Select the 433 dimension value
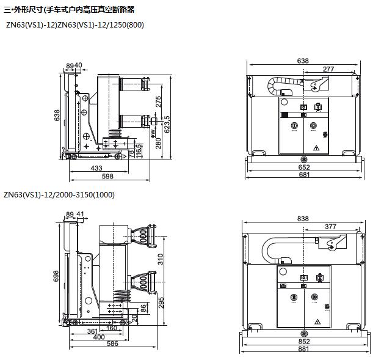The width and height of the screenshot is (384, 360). tap(96, 167)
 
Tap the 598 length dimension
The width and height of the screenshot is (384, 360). tap(108, 176)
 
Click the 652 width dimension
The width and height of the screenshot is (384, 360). tap(303, 167)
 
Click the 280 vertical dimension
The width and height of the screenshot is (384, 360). tap(159, 142)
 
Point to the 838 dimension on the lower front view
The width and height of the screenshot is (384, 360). tap(303, 219)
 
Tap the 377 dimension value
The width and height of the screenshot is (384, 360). tap(330, 227)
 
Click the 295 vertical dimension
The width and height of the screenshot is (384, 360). tap(161, 302)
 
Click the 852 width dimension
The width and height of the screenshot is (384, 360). tap(303, 342)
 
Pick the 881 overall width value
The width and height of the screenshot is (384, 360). tap(303, 350)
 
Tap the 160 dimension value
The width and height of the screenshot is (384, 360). tap(112, 328)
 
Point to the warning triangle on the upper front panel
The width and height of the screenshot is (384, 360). tap(316, 148)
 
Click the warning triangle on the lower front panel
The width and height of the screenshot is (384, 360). tap(317, 321)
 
